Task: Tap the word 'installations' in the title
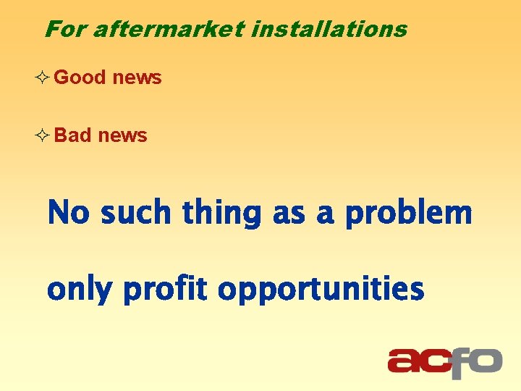click(329, 30)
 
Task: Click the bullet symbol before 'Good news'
click(42, 77)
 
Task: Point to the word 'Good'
click(80, 77)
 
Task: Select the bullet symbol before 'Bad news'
click(42, 136)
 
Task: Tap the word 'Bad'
click(72, 135)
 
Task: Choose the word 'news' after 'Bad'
click(122, 135)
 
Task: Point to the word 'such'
click(137, 214)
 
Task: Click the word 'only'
click(80, 290)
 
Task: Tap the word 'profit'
click(166, 290)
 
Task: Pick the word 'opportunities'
click(321, 290)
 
